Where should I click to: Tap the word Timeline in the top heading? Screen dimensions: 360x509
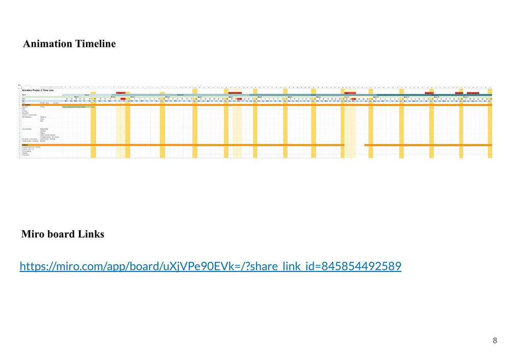96,44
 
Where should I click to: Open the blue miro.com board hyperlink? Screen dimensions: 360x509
210,266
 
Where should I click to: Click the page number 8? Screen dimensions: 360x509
495,341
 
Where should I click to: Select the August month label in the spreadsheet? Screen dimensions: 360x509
87,94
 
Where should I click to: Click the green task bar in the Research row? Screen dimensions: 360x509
76,107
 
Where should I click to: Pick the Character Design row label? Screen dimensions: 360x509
27,129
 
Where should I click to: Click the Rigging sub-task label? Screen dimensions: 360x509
43,133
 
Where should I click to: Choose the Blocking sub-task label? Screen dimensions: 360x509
43,141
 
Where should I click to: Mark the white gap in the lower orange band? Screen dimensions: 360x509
354,145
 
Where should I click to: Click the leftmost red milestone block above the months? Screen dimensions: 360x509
121,93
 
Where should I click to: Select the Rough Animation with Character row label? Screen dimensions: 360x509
32,147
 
